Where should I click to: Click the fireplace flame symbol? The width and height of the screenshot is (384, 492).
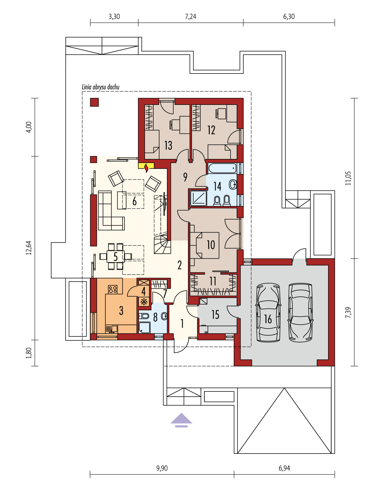[x=146, y=168]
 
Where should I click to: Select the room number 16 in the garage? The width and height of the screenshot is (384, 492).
[x=268, y=319]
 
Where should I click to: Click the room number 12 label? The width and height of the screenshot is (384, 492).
[x=211, y=130]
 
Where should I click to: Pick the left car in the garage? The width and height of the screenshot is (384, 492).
[x=268, y=312]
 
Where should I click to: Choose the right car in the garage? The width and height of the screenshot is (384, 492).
[x=300, y=312]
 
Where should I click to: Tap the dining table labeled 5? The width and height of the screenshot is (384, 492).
[x=116, y=256]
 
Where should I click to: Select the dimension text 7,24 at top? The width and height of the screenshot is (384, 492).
[x=190, y=17]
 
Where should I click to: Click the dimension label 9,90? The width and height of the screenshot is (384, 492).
[x=162, y=468]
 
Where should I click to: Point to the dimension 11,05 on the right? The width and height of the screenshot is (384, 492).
[x=348, y=178]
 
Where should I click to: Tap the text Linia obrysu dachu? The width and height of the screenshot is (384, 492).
[x=100, y=87]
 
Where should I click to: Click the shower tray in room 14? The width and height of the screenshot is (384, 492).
[x=198, y=198]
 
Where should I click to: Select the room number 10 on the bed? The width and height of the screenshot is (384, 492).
[x=211, y=245]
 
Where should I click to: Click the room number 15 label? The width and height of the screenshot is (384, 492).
[x=215, y=315]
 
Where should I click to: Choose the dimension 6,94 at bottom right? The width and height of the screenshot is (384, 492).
[x=284, y=468]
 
